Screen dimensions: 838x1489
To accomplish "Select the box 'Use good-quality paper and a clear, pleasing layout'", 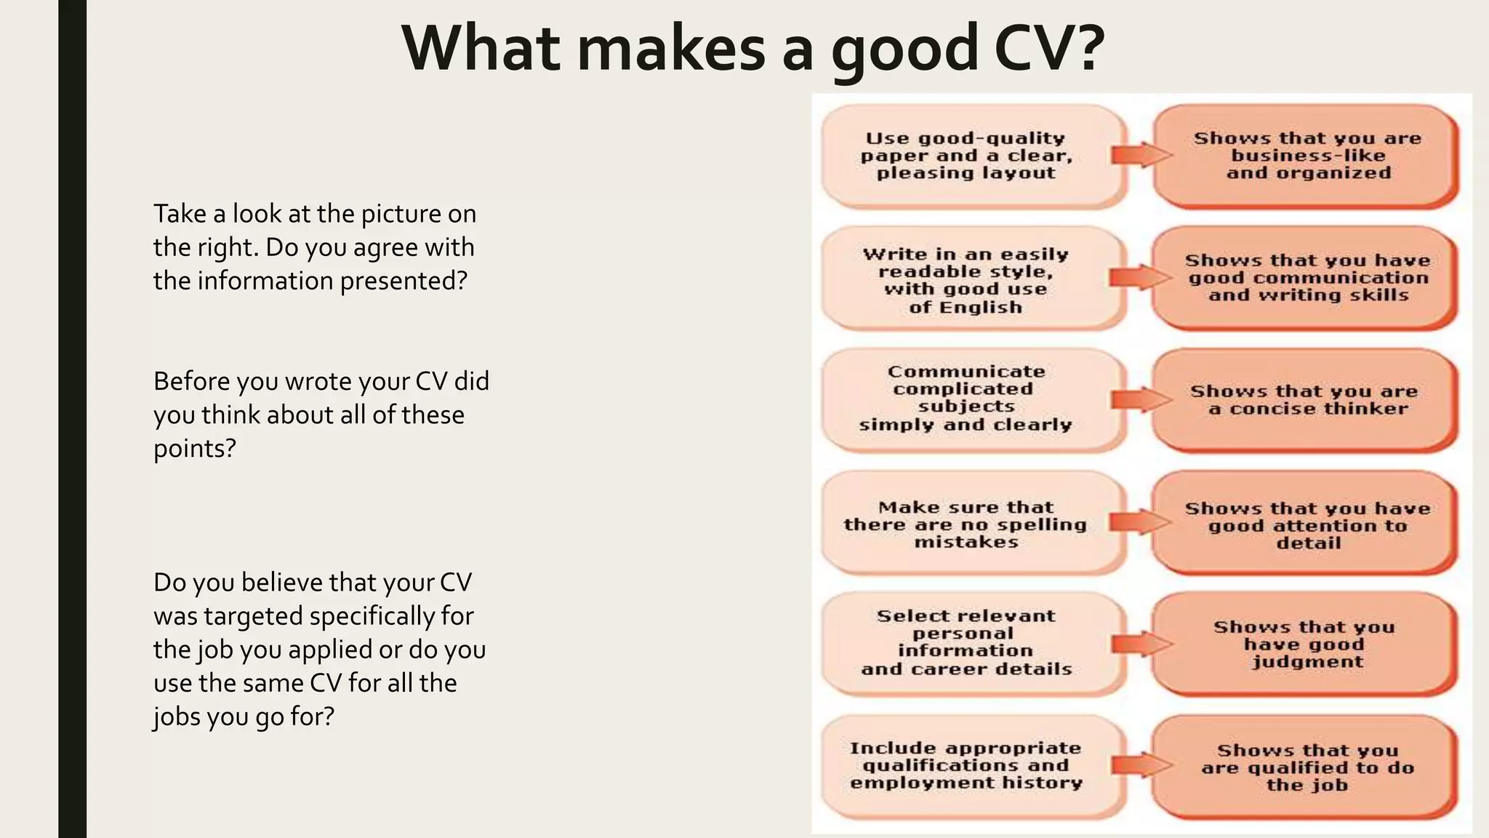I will pyautogui.click(x=967, y=156).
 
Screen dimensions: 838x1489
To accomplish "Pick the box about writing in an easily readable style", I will pyautogui.click(x=967, y=280).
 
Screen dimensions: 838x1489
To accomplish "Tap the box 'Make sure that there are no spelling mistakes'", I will pyautogui.click(x=967, y=524).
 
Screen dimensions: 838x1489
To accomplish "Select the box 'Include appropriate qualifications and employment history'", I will pyautogui.click(x=967, y=765).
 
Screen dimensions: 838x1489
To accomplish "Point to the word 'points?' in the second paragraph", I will pyautogui.click(x=195, y=449).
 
